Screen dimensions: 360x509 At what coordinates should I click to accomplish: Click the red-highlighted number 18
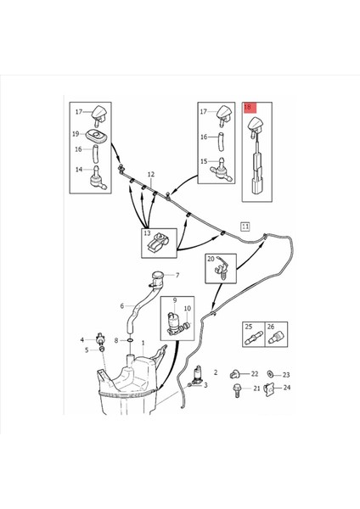pyautogui.click(x=248, y=107)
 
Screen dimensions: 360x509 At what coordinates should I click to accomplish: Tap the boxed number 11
pyautogui.click(x=245, y=227)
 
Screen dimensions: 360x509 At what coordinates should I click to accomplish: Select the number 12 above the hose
pyautogui.click(x=151, y=175)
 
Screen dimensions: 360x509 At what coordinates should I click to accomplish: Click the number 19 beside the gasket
pyautogui.click(x=76, y=134)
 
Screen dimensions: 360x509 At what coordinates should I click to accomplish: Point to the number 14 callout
pyautogui.click(x=79, y=169)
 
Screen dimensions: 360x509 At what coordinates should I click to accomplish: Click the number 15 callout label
pyautogui.click(x=204, y=161)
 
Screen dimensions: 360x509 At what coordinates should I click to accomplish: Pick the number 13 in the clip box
pyautogui.click(x=147, y=233)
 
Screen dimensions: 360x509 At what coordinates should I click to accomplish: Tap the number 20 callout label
pyautogui.click(x=211, y=259)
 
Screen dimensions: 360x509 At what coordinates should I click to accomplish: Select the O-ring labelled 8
pyautogui.click(x=130, y=340)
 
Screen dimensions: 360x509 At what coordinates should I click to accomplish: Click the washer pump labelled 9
pyautogui.click(x=173, y=322)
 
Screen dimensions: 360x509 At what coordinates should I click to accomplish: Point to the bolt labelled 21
pyautogui.click(x=237, y=390)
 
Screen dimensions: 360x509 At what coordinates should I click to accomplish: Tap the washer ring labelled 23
pyautogui.click(x=270, y=374)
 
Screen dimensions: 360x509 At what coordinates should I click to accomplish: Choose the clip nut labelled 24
pyautogui.click(x=269, y=389)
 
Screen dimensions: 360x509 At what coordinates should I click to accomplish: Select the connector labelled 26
pyautogui.click(x=274, y=338)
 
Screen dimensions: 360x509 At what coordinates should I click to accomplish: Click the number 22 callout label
pyautogui.click(x=255, y=374)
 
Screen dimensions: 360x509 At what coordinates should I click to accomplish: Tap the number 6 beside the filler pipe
pyautogui.click(x=122, y=305)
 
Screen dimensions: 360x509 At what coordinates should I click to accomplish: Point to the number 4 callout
pyautogui.click(x=82, y=340)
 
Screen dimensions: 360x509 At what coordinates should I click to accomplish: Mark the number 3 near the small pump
pyautogui.click(x=205, y=385)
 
